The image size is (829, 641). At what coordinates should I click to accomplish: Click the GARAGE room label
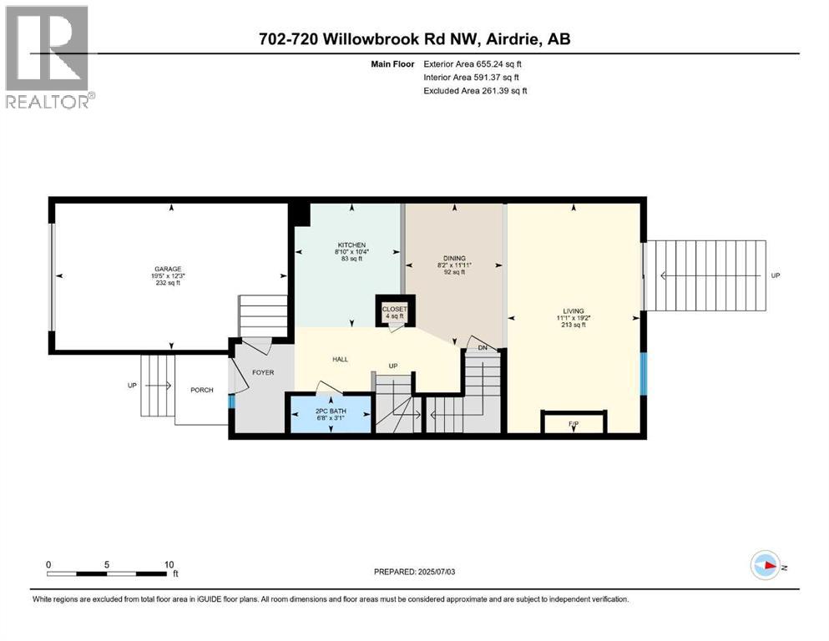click(167, 269)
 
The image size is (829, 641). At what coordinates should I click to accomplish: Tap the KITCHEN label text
click(346, 244)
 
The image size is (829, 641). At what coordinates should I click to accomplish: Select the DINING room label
click(454, 258)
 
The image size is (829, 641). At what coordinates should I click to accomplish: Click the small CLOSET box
click(393, 310)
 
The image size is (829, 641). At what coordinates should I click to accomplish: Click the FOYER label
click(263, 372)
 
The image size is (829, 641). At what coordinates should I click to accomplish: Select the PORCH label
click(201, 390)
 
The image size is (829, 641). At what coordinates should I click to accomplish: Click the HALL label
click(340, 359)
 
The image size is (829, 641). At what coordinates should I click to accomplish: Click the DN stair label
click(483, 348)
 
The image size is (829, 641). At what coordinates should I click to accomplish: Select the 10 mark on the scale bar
click(169, 564)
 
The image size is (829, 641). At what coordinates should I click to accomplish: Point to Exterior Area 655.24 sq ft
click(476, 64)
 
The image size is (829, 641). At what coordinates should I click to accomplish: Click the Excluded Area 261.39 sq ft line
click(476, 90)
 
